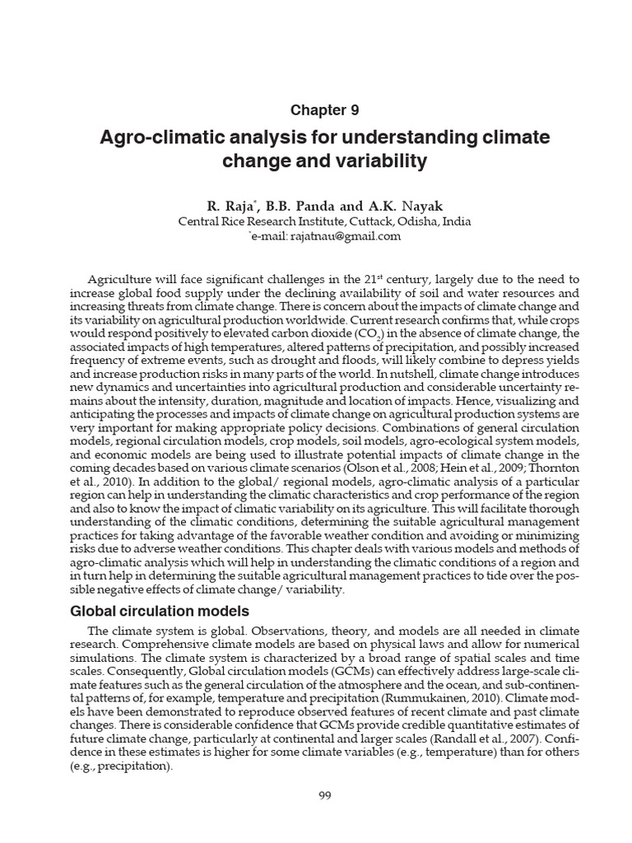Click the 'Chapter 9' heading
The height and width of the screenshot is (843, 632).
[325, 109]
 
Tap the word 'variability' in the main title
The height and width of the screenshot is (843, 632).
[386, 162]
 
